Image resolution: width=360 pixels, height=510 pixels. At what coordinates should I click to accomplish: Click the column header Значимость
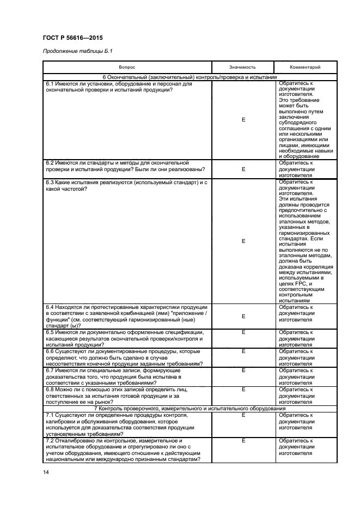tap(242, 67)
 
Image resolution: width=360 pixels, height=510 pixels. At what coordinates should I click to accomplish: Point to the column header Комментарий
tap(305, 67)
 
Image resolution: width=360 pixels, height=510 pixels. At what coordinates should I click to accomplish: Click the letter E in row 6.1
tap(243, 120)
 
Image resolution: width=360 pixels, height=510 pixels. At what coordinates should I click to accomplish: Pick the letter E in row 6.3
tap(243, 240)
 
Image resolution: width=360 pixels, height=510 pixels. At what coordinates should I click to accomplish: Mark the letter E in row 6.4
tap(243, 316)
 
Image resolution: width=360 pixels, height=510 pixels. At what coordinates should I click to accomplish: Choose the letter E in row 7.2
tap(243, 440)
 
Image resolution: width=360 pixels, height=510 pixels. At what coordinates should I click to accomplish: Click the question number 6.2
tap(51, 162)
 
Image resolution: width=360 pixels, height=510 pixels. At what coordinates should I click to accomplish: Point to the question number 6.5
tap(51, 332)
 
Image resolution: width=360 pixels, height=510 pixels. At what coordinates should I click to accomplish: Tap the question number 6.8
tap(51, 389)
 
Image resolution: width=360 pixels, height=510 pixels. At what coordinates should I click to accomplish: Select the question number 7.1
tap(51, 415)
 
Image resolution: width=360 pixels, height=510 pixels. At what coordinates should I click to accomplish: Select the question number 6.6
tap(51, 351)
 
